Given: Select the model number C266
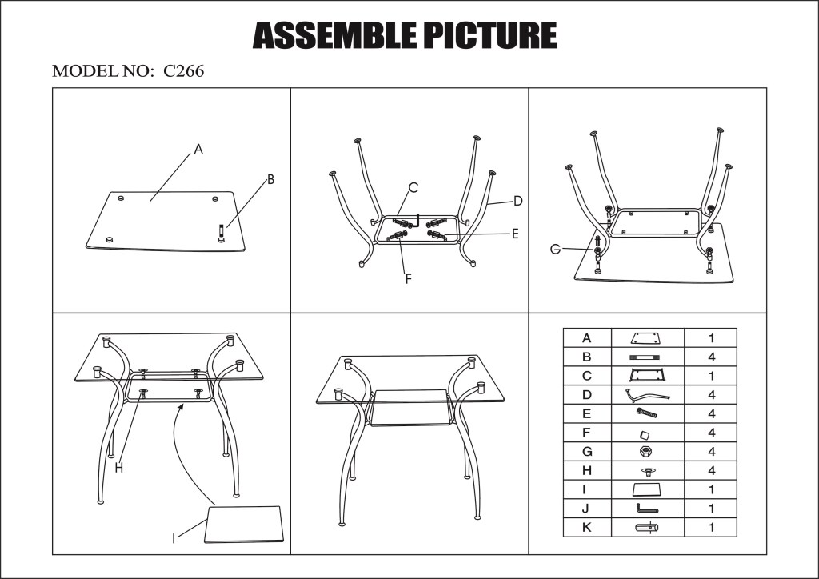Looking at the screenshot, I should pyautogui.click(x=184, y=71).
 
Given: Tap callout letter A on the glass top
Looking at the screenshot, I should pyautogui.click(x=198, y=149).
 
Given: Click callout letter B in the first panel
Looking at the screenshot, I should pyautogui.click(x=270, y=180).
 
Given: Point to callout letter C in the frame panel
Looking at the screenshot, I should pyautogui.click(x=413, y=188).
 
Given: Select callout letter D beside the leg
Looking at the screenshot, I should pyautogui.click(x=517, y=200).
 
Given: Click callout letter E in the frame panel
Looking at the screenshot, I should pyautogui.click(x=515, y=234).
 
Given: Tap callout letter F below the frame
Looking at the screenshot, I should pyautogui.click(x=408, y=279).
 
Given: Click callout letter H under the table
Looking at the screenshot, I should pyautogui.click(x=118, y=469).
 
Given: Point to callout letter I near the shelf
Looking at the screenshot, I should pyautogui.click(x=174, y=538).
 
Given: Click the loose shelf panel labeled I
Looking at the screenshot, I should pyautogui.click(x=245, y=524).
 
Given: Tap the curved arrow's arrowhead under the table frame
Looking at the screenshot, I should pyautogui.click(x=185, y=406).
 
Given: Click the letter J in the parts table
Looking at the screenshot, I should pyautogui.click(x=587, y=509).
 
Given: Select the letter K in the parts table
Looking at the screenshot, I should pyautogui.click(x=587, y=527).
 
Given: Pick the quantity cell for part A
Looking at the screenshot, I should pyautogui.click(x=710, y=337).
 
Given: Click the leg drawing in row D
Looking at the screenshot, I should pyautogui.click(x=647, y=394).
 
